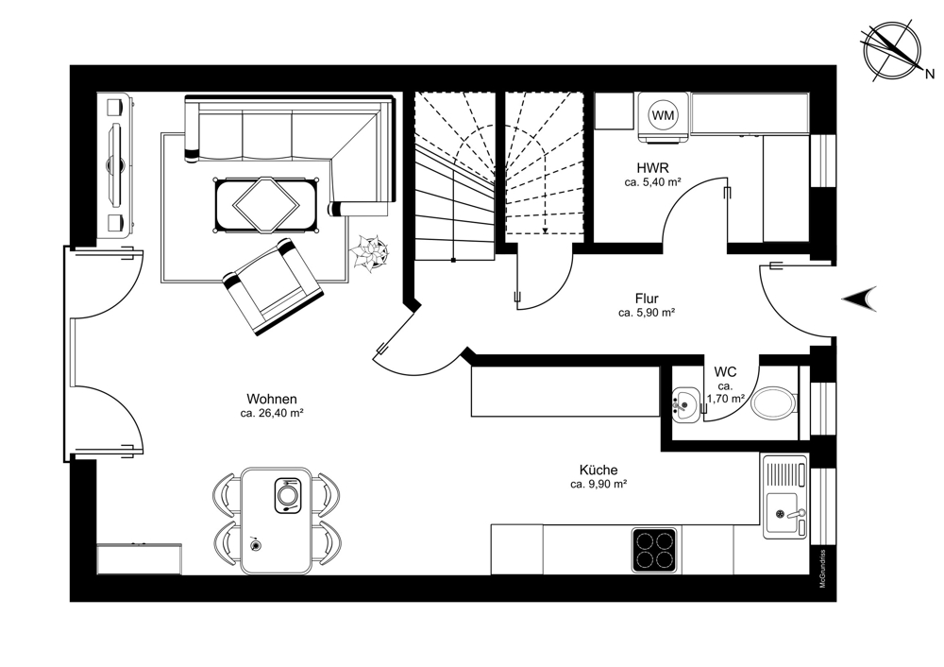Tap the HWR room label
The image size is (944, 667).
(x=653, y=167)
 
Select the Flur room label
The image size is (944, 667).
(x=647, y=299)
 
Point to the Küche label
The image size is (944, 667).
(x=598, y=470)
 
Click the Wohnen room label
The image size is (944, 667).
(x=272, y=399)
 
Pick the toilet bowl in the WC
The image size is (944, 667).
(x=775, y=403)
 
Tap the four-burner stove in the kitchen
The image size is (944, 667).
(x=654, y=550)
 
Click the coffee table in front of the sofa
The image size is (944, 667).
(x=266, y=205)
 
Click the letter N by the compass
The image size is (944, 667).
(x=930, y=74)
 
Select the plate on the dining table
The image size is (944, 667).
(x=288, y=495)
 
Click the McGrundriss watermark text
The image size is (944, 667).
(x=822, y=569)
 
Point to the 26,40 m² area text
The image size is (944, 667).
(x=271, y=414)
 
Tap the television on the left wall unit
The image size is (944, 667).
(x=115, y=163)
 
